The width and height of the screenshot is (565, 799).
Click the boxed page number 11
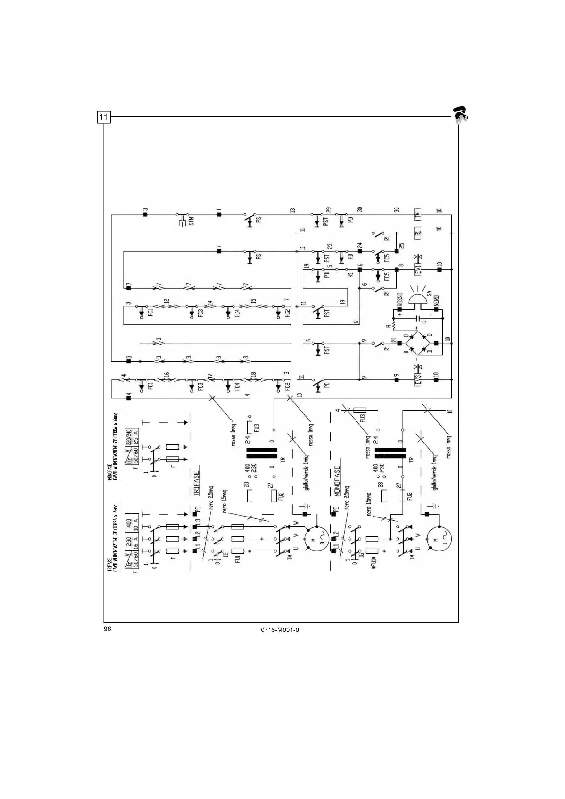(103, 117)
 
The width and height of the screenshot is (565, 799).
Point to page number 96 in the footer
(107, 629)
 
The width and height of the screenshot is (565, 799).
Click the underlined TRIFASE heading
(197, 484)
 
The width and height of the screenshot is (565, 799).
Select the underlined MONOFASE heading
(337, 482)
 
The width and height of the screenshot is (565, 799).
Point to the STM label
(191, 220)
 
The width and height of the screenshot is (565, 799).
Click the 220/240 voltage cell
(129, 435)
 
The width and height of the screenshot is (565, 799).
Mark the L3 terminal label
(198, 522)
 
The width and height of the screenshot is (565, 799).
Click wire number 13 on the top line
(293, 210)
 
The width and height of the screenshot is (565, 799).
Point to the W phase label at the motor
(296, 523)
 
